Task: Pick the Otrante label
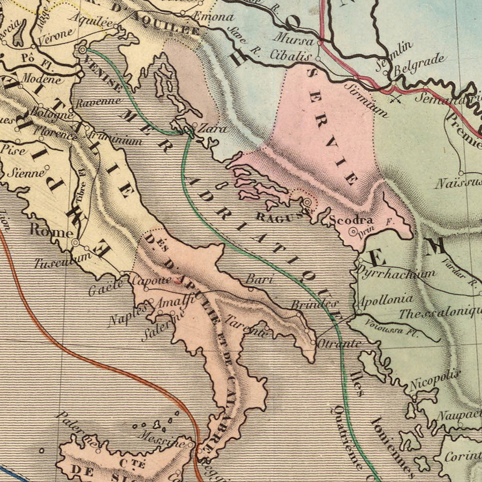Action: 338,343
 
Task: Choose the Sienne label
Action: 29,173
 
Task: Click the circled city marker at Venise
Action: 82,49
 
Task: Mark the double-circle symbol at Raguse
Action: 307,203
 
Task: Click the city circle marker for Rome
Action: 76,243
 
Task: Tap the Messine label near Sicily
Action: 160,438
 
